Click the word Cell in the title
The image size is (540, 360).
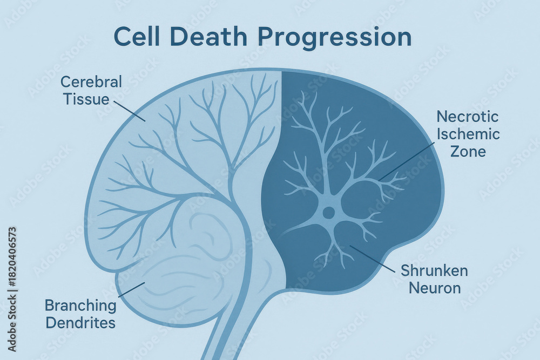[137, 37]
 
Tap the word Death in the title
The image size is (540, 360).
[209, 37]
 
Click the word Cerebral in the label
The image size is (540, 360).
[91, 82]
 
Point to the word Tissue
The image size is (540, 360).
[86, 99]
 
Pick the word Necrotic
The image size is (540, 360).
[467, 117]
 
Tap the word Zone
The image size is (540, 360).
[468, 151]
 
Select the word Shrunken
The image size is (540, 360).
[434, 270]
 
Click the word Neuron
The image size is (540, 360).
[435, 288]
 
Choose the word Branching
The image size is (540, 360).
[80, 305]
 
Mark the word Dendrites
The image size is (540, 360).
[80, 323]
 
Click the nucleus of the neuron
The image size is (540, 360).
[328, 212]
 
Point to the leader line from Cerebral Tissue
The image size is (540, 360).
[129, 111]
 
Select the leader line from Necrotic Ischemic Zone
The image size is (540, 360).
[407, 162]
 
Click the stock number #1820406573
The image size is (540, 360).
[12, 256]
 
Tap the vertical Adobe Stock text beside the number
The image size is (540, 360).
[12, 322]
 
